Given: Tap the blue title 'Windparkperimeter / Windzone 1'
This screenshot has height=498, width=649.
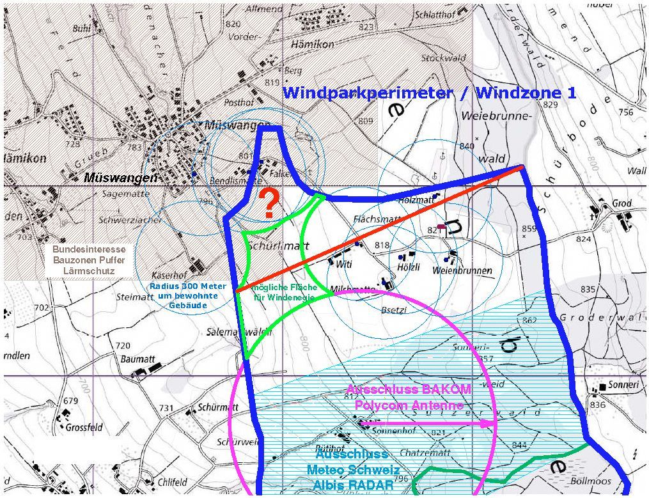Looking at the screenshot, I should [x=430, y=93].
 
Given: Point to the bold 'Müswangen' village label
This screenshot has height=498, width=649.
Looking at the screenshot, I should [x=121, y=178].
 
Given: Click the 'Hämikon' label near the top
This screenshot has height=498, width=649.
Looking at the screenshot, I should [x=312, y=45].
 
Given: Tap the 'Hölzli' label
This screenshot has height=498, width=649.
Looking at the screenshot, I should [x=409, y=267].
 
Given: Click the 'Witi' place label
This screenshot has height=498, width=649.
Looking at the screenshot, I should [x=344, y=264].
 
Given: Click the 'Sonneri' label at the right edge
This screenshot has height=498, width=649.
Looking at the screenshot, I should [x=624, y=386].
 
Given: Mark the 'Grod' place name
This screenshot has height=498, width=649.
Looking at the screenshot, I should [x=622, y=203].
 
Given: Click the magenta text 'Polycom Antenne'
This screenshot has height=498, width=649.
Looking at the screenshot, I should [x=409, y=405].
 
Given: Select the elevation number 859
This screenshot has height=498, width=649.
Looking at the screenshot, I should [x=528, y=228].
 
